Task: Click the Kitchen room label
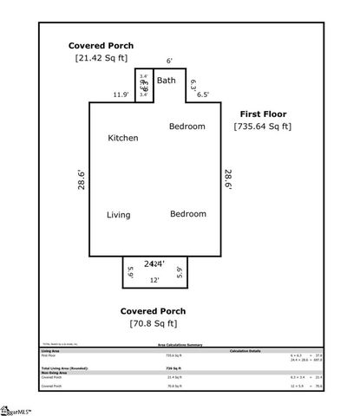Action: pyautogui.click(x=122, y=138)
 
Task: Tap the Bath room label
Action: pyautogui.click(x=166, y=81)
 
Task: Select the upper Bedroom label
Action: pyautogui.click(x=187, y=127)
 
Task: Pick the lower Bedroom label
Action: pyautogui.click(x=187, y=213)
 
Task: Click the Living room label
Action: pyautogui.click(x=119, y=215)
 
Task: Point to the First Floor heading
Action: pyautogui.click(x=263, y=114)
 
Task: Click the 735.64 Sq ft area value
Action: pyautogui.click(x=263, y=127)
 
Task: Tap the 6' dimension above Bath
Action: pyautogui.click(x=169, y=61)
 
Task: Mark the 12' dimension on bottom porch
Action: pyautogui.click(x=154, y=281)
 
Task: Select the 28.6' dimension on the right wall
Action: pyautogui.click(x=228, y=179)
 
